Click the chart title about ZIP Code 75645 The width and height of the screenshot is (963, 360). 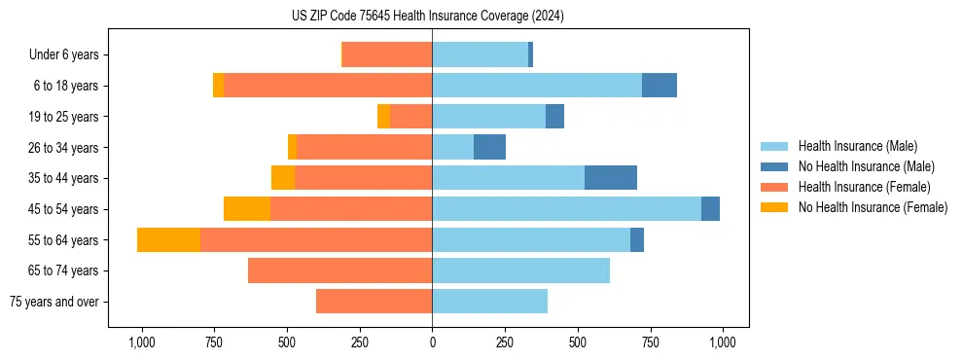click(x=427, y=16)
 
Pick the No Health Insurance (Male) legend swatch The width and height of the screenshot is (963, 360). click(x=775, y=166)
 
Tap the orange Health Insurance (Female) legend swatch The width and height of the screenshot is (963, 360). click(x=775, y=187)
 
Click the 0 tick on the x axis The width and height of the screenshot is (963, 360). click(x=432, y=343)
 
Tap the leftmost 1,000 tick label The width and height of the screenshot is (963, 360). click(x=142, y=343)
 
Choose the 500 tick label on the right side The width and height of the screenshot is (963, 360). click(x=577, y=343)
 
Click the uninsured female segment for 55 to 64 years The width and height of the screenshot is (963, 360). click(x=168, y=239)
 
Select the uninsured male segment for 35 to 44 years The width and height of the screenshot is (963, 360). click(x=611, y=178)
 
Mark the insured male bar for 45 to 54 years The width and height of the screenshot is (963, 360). click(x=566, y=209)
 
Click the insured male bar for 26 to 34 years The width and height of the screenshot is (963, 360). click(x=452, y=147)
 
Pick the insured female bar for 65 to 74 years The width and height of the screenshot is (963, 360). click(x=339, y=270)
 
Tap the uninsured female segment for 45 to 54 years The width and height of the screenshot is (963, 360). click(x=247, y=209)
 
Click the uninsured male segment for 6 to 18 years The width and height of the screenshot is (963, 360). click(x=660, y=86)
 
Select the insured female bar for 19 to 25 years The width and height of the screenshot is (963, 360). click(x=410, y=117)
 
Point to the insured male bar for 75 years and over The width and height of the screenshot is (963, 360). click(x=489, y=302)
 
